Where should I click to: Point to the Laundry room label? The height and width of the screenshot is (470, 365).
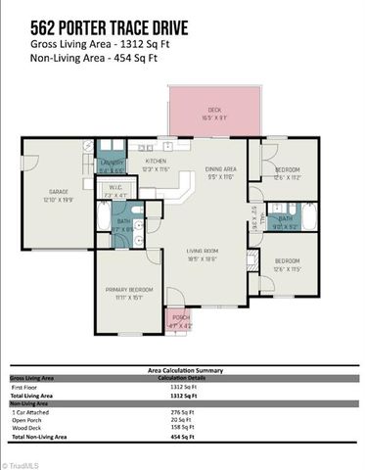tap(110, 164)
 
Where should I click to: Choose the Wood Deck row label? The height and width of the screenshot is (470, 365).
tap(29, 427)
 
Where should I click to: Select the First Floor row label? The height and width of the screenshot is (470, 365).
tap(28, 388)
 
